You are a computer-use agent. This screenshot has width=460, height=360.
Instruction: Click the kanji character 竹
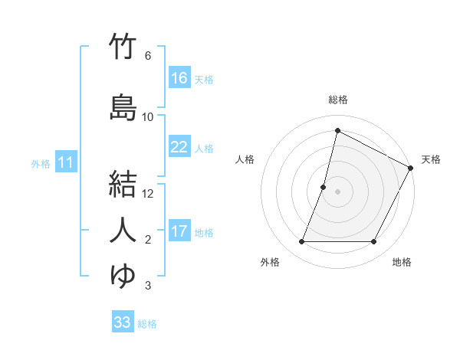[x=123, y=47]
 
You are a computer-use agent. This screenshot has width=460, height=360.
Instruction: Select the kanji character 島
[x=123, y=108]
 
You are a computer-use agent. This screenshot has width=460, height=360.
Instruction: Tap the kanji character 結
[x=123, y=185]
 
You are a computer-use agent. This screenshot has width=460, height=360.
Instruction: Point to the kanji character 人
[x=123, y=231]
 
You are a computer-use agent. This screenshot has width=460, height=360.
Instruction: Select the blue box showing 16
[x=179, y=78]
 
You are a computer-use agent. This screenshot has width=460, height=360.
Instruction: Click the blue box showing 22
[x=179, y=147]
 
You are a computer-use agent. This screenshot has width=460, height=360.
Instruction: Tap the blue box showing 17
[x=179, y=231]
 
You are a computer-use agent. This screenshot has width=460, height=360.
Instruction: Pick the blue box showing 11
[x=66, y=162]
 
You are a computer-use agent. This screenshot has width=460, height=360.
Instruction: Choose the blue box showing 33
[x=123, y=322]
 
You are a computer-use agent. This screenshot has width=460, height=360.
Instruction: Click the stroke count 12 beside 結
[x=149, y=194]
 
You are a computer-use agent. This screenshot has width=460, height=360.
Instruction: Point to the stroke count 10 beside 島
[x=149, y=117]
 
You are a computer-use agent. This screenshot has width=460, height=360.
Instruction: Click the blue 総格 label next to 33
[x=147, y=324]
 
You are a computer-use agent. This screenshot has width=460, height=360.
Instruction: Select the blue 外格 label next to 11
[x=41, y=163]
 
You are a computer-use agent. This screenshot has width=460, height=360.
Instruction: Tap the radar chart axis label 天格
[x=431, y=159]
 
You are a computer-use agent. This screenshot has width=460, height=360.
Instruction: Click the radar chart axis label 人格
[x=245, y=159]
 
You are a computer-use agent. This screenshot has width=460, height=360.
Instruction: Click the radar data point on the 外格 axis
[x=301, y=242]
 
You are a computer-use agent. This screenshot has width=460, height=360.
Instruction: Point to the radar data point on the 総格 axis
[x=337, y=131]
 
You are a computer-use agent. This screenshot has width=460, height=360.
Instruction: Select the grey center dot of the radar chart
[x=337, y=191]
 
